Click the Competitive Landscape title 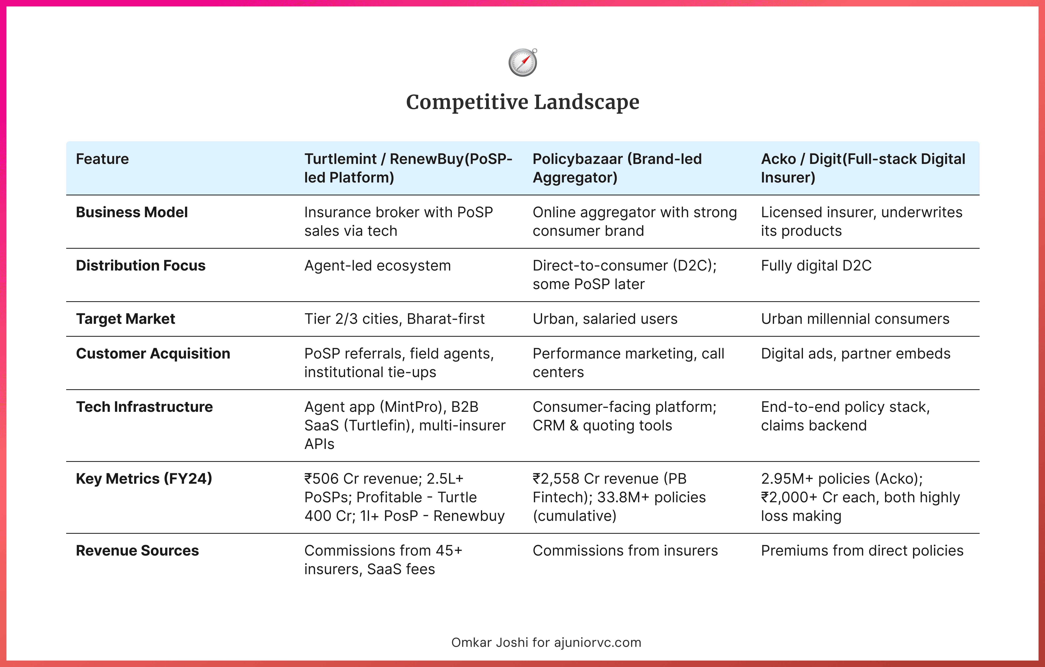tap(522, 103)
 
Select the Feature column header tap(102, 159)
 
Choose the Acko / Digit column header tap(863, 168)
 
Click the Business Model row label tap(132, 212)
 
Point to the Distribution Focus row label tap(141, 265)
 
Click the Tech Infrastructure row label tap(144, 407)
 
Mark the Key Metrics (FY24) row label tap(144, 478)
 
